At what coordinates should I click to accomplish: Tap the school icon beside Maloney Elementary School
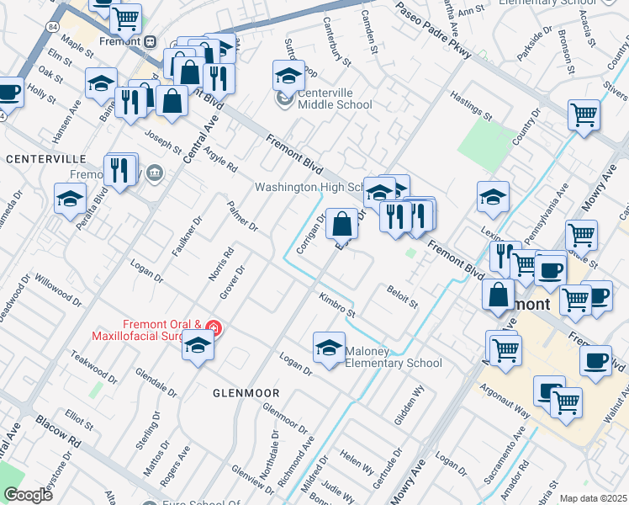coord(329,347)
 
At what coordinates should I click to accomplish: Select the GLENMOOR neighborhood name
coord(245,392)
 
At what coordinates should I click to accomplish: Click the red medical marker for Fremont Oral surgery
coord(214,327)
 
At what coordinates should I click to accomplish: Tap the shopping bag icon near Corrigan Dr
coord(341,225)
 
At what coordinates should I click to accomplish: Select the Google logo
coord(28,495)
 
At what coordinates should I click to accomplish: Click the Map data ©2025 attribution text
coord(592,498)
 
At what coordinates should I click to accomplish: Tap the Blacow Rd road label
coord(64,437)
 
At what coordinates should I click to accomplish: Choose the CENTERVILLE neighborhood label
coord(45,158)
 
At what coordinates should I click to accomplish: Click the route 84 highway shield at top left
coord(53,28)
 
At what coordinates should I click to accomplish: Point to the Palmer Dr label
coord(242,216)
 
